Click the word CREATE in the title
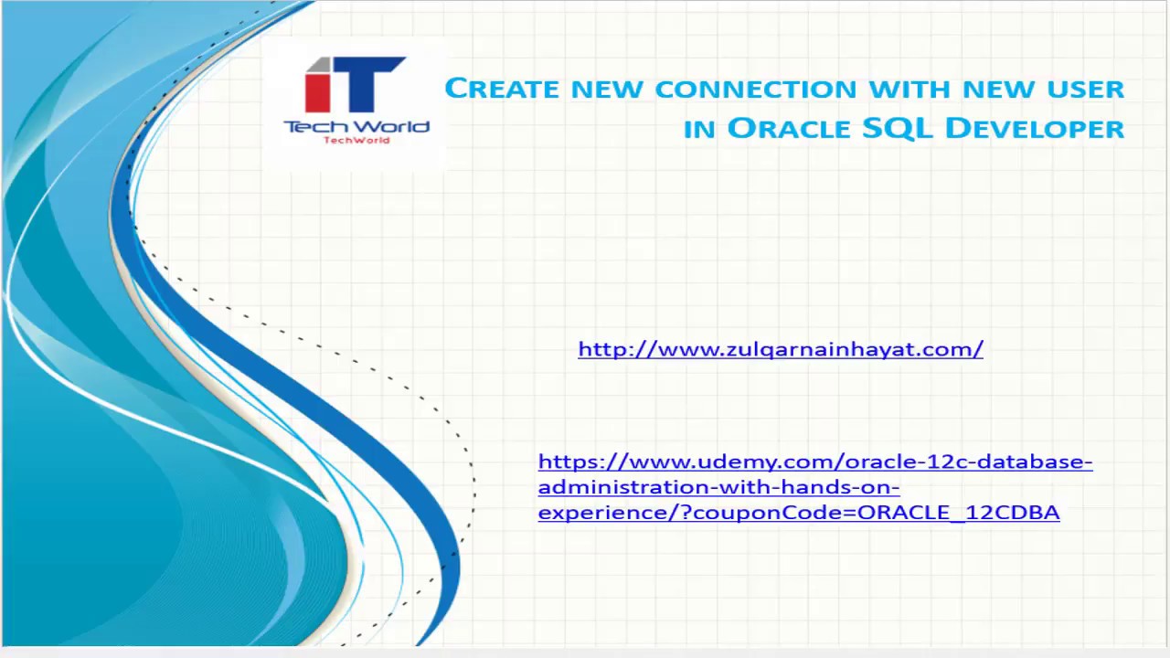(x=502, y=89)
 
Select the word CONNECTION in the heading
(x=756, y=89)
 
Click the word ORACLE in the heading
(x=789, y=128)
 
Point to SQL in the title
(x=897, y=128)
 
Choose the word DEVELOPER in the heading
(x=1035, y=128)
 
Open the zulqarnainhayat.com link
(x=781, y=349)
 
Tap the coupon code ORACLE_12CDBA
(x=959, y=513)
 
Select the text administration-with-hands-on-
(x=718, y=487)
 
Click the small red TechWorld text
(x=356, y=140)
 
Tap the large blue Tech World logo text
(x=356, y=126)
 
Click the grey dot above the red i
(x=318, y=64)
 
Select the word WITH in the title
(x=909, y=89)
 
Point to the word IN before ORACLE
(x=699, y=130)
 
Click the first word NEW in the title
(x=607, y=89)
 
